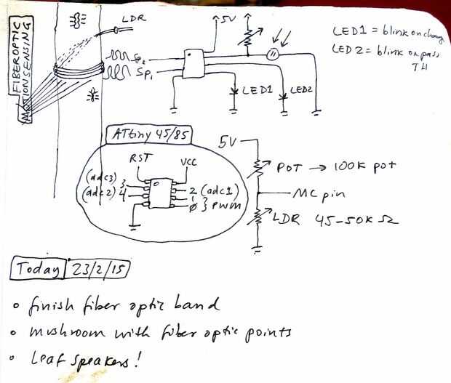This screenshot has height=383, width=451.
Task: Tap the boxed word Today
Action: coord(36,270)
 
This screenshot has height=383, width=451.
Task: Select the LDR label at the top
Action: coord(136,17)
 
